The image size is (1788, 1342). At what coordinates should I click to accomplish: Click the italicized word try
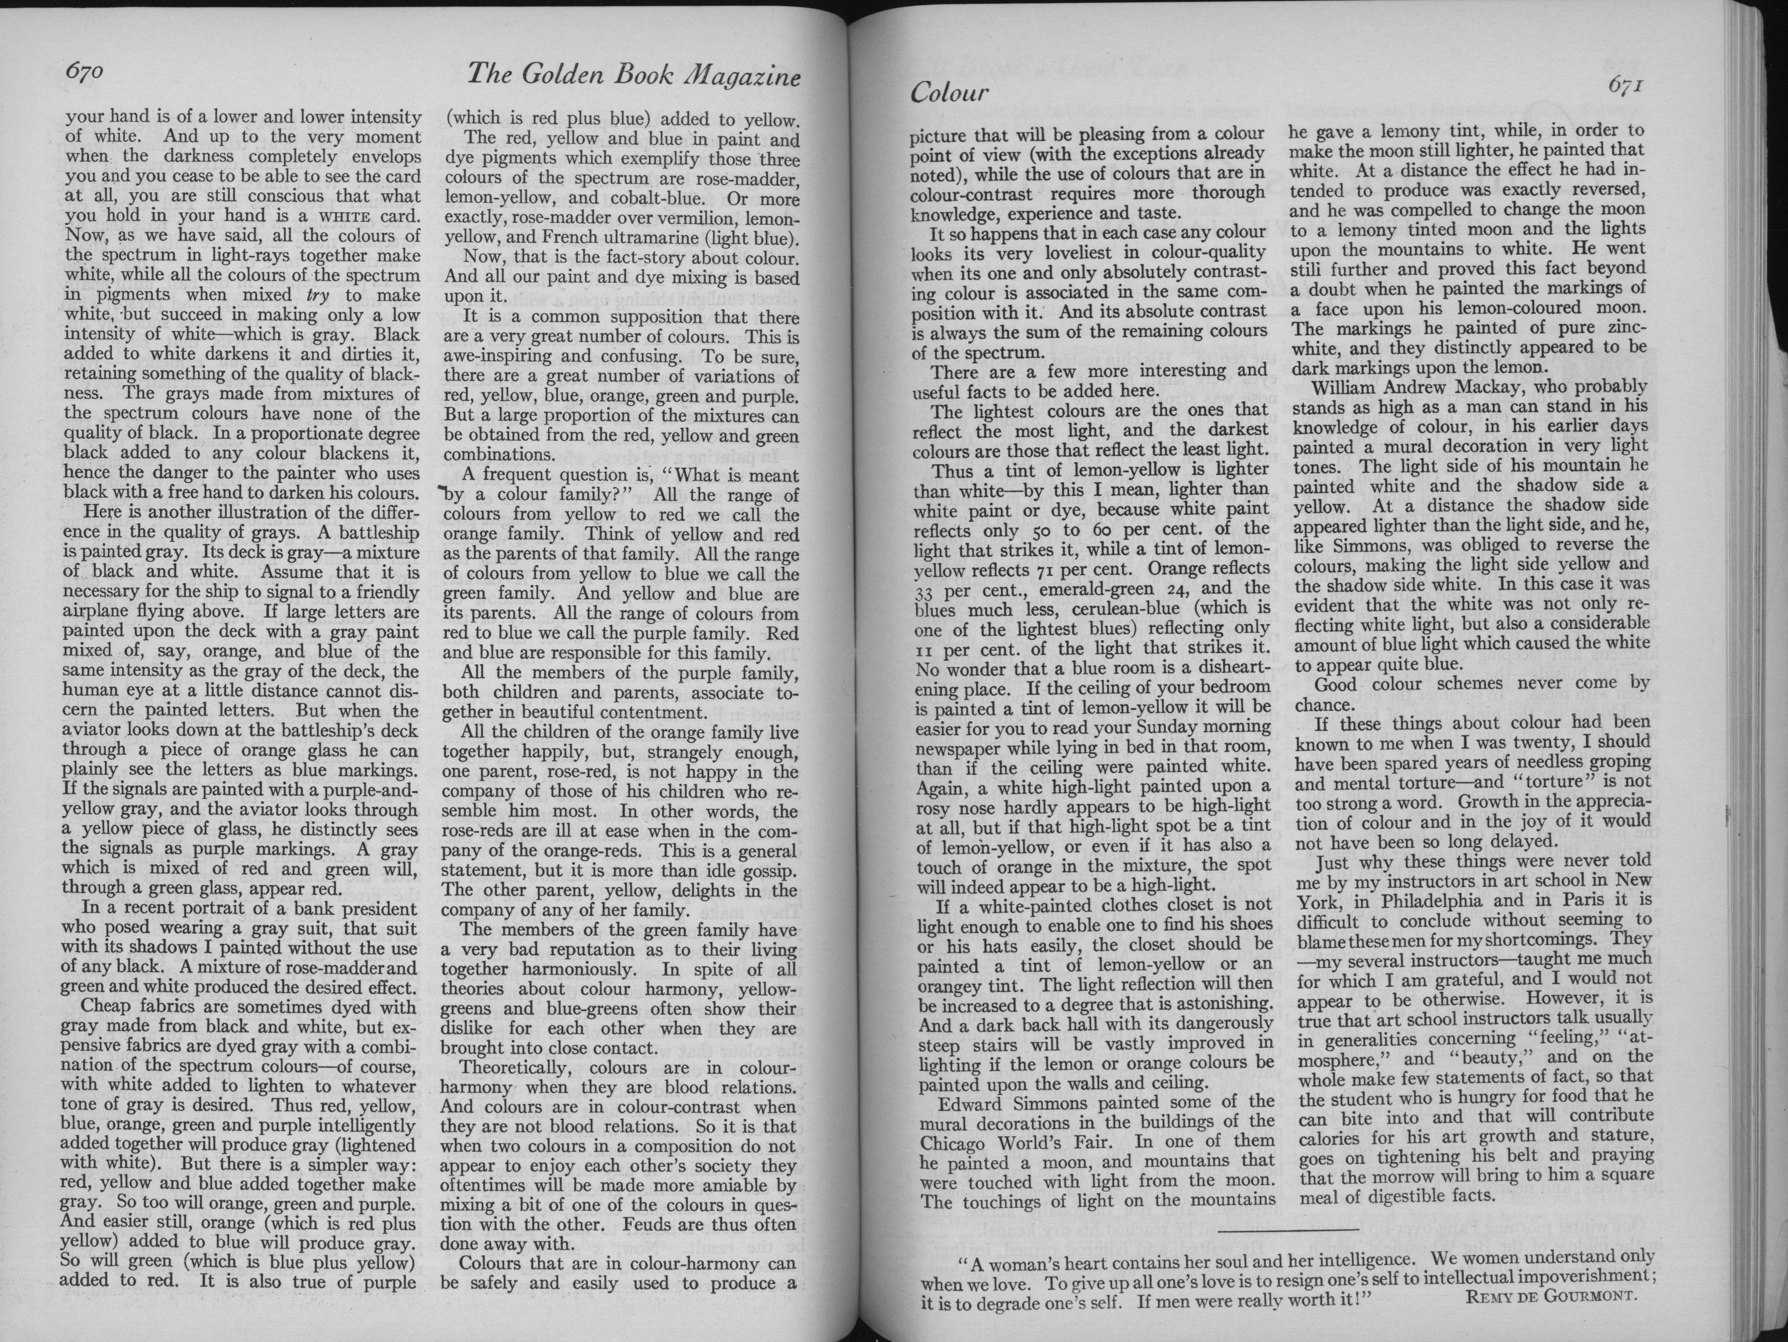click(x=318, y=295)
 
